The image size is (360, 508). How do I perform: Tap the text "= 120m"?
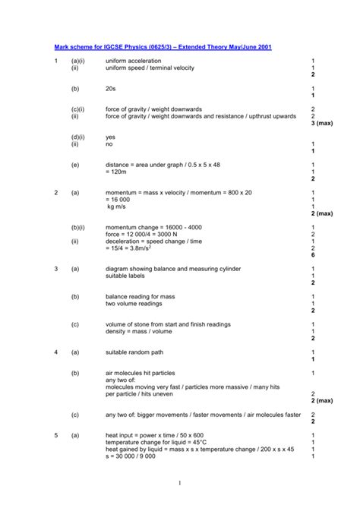click(x=117, y=172)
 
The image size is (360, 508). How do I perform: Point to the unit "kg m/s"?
click(x=116, y=207)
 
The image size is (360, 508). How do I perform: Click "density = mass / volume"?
click(x=140, y=330)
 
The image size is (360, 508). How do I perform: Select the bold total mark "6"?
click(x=313, y=254)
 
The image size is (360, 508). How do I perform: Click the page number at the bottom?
click(x=180, y=483)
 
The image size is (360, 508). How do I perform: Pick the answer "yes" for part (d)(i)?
click(x=111, y=137)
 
